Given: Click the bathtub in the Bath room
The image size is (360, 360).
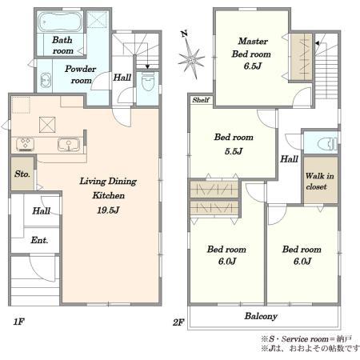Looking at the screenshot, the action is click(60, 22).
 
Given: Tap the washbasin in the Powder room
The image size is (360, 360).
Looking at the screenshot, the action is click(46, 79).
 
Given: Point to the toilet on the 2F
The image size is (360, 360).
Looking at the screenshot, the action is click(327, 144).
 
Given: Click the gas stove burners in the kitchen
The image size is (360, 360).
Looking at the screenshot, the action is click(26, 144).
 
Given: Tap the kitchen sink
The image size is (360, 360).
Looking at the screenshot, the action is click(69, 145).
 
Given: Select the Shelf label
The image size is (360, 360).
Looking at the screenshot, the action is click(201, 100).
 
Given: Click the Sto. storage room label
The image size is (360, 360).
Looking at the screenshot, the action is click(22, 174).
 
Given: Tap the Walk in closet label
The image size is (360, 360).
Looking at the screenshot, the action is click(319, 181).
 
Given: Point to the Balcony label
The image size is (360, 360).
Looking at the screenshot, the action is click(261, 316).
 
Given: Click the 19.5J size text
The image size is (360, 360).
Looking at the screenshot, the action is click(108, 210).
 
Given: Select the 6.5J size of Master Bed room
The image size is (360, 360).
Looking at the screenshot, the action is click(252, 66).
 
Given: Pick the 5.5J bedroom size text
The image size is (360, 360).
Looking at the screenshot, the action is click(234, 151).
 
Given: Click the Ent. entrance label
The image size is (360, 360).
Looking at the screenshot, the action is click(39, 240).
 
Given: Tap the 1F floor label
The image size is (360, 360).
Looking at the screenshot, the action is click(19, 322).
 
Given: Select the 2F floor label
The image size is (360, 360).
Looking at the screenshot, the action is click(178, 322).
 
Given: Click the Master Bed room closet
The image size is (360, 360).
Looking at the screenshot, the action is click(302, 57).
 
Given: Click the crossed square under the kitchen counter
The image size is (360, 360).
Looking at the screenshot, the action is click(47, 125).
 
